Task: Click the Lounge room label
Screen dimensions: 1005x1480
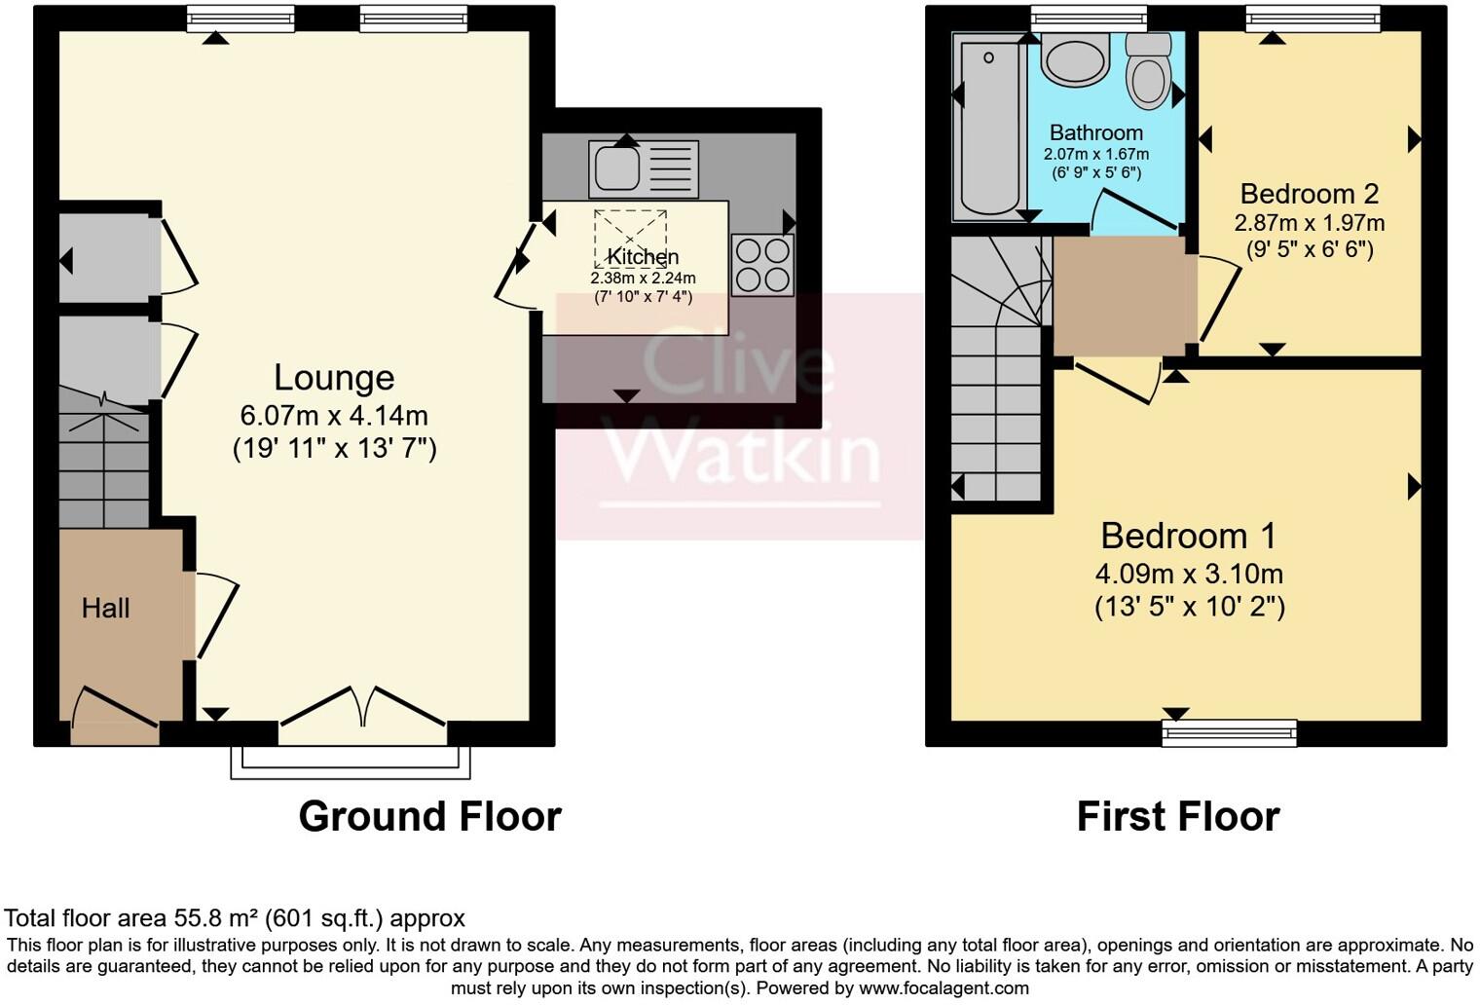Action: click(333, 378)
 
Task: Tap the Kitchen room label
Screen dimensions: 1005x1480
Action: click(643, 257)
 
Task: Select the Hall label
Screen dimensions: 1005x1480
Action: click(105, 609)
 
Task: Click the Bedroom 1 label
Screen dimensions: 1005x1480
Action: click(1188, 536)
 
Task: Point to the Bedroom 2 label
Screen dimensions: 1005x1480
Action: click(1309, 193)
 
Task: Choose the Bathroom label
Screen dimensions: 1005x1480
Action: click(1095, 132)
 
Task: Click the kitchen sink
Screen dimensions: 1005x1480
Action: click(616, 167)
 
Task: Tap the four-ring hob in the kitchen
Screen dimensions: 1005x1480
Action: click(762, 265)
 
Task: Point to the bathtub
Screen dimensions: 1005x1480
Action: click(988, 125)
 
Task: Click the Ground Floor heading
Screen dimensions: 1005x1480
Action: click(429, 816)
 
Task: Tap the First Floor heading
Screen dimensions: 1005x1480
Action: click(1177, 816)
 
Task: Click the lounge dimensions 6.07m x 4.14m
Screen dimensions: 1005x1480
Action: click(333, 416)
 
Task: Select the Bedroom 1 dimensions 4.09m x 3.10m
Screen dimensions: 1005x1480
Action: click(1188, 574)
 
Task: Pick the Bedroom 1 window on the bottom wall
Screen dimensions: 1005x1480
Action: click(1229, 731)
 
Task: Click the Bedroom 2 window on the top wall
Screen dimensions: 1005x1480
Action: click(1313, 18)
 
